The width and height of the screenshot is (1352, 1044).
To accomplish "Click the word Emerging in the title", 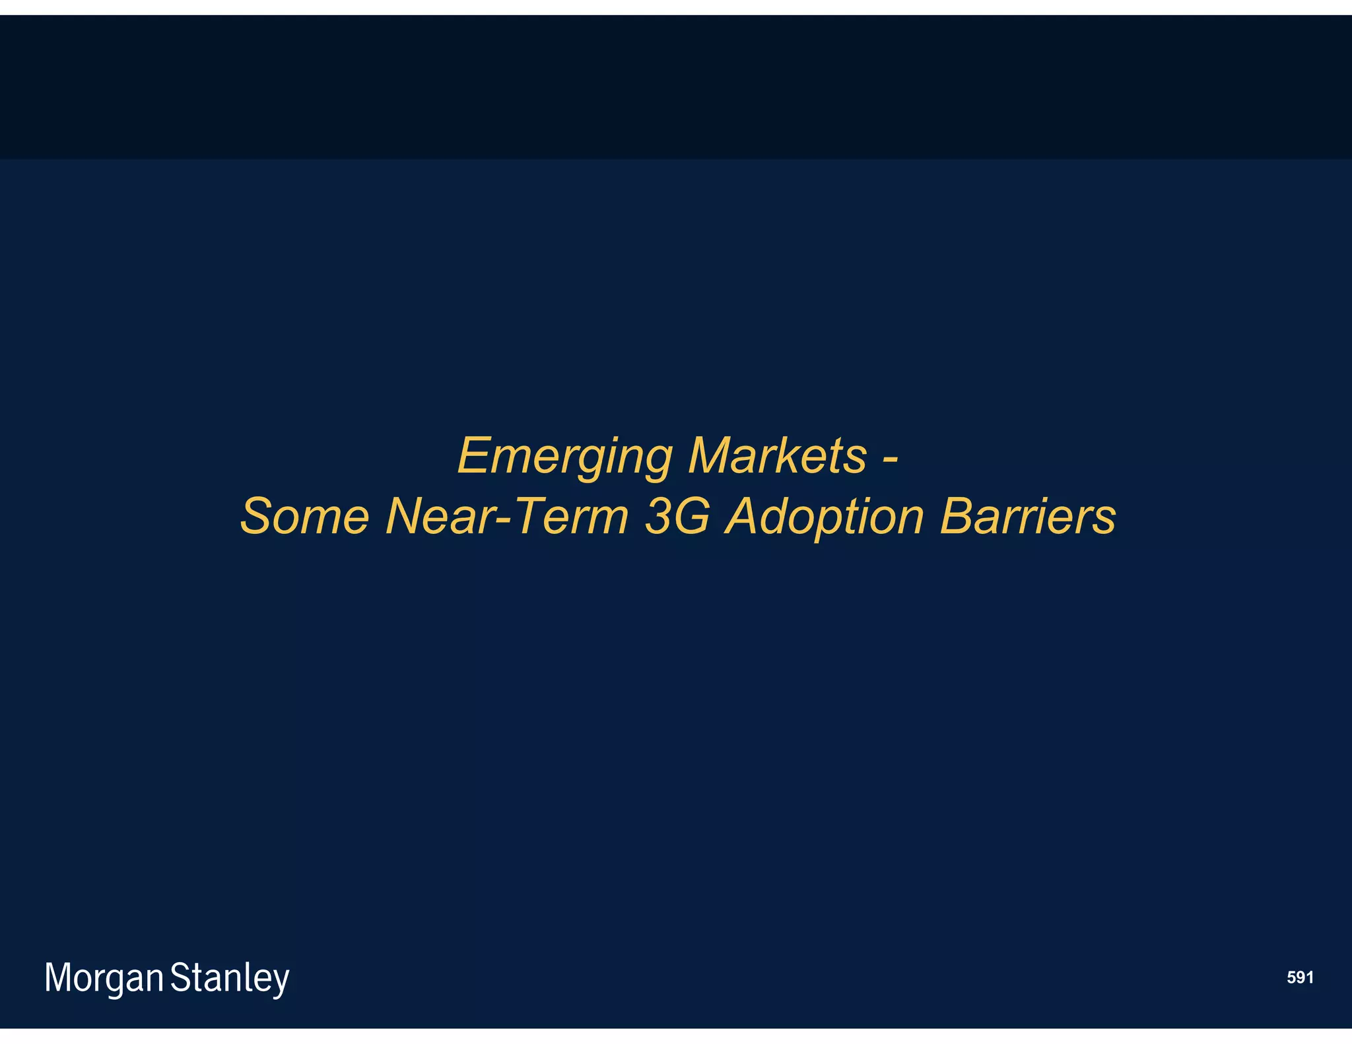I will pyautogui.click(x=565, y=457).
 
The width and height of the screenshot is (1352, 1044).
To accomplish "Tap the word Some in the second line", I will pyautogui.click(x=304, y=516).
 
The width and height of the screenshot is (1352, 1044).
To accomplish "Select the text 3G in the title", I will pyautogui.click(x=677, y=516).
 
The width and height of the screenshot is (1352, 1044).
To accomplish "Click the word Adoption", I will pyautogui.click(x=825, y=517).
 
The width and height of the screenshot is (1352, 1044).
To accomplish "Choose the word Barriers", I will pyautogui.click(x=1027, y=516).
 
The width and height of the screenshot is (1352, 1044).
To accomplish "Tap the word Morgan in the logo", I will pyautogui.click(x=104, y=979).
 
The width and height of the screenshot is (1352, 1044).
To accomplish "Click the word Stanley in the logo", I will pyautogui.click(x=230, y=979).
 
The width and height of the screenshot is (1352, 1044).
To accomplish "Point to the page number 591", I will pyautogui.click(x=1299, y=977).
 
